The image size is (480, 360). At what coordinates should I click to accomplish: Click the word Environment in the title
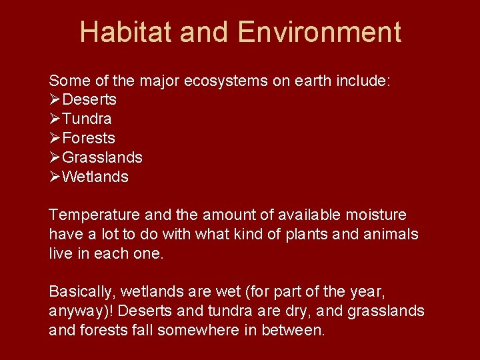click(x=319, y=32)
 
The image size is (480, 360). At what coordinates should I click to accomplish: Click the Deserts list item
click(x=89, y=100)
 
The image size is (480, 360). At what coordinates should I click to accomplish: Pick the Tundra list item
click(x=87, y=119)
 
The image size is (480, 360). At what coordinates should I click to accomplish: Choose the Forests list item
click(x=88, y=139)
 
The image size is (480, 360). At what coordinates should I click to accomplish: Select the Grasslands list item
click(x=102, y=158)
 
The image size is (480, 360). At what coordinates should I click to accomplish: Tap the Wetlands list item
click(x=95, y=177)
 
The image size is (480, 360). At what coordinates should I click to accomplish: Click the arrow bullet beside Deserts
click(x=55, y=100)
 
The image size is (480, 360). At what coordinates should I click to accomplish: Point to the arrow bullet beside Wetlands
click(x=55, y=177)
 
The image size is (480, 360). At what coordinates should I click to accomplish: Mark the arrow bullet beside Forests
click(x=55, y=139)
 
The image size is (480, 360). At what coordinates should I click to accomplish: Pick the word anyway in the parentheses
click(x=75, y=312)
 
